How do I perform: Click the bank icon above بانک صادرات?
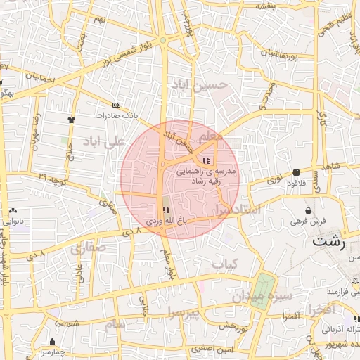coord(116,105)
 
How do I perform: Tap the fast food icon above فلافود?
coord(297,172)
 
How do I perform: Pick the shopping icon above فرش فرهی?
coord(308,210)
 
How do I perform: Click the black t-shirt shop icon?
coord(71,119)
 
